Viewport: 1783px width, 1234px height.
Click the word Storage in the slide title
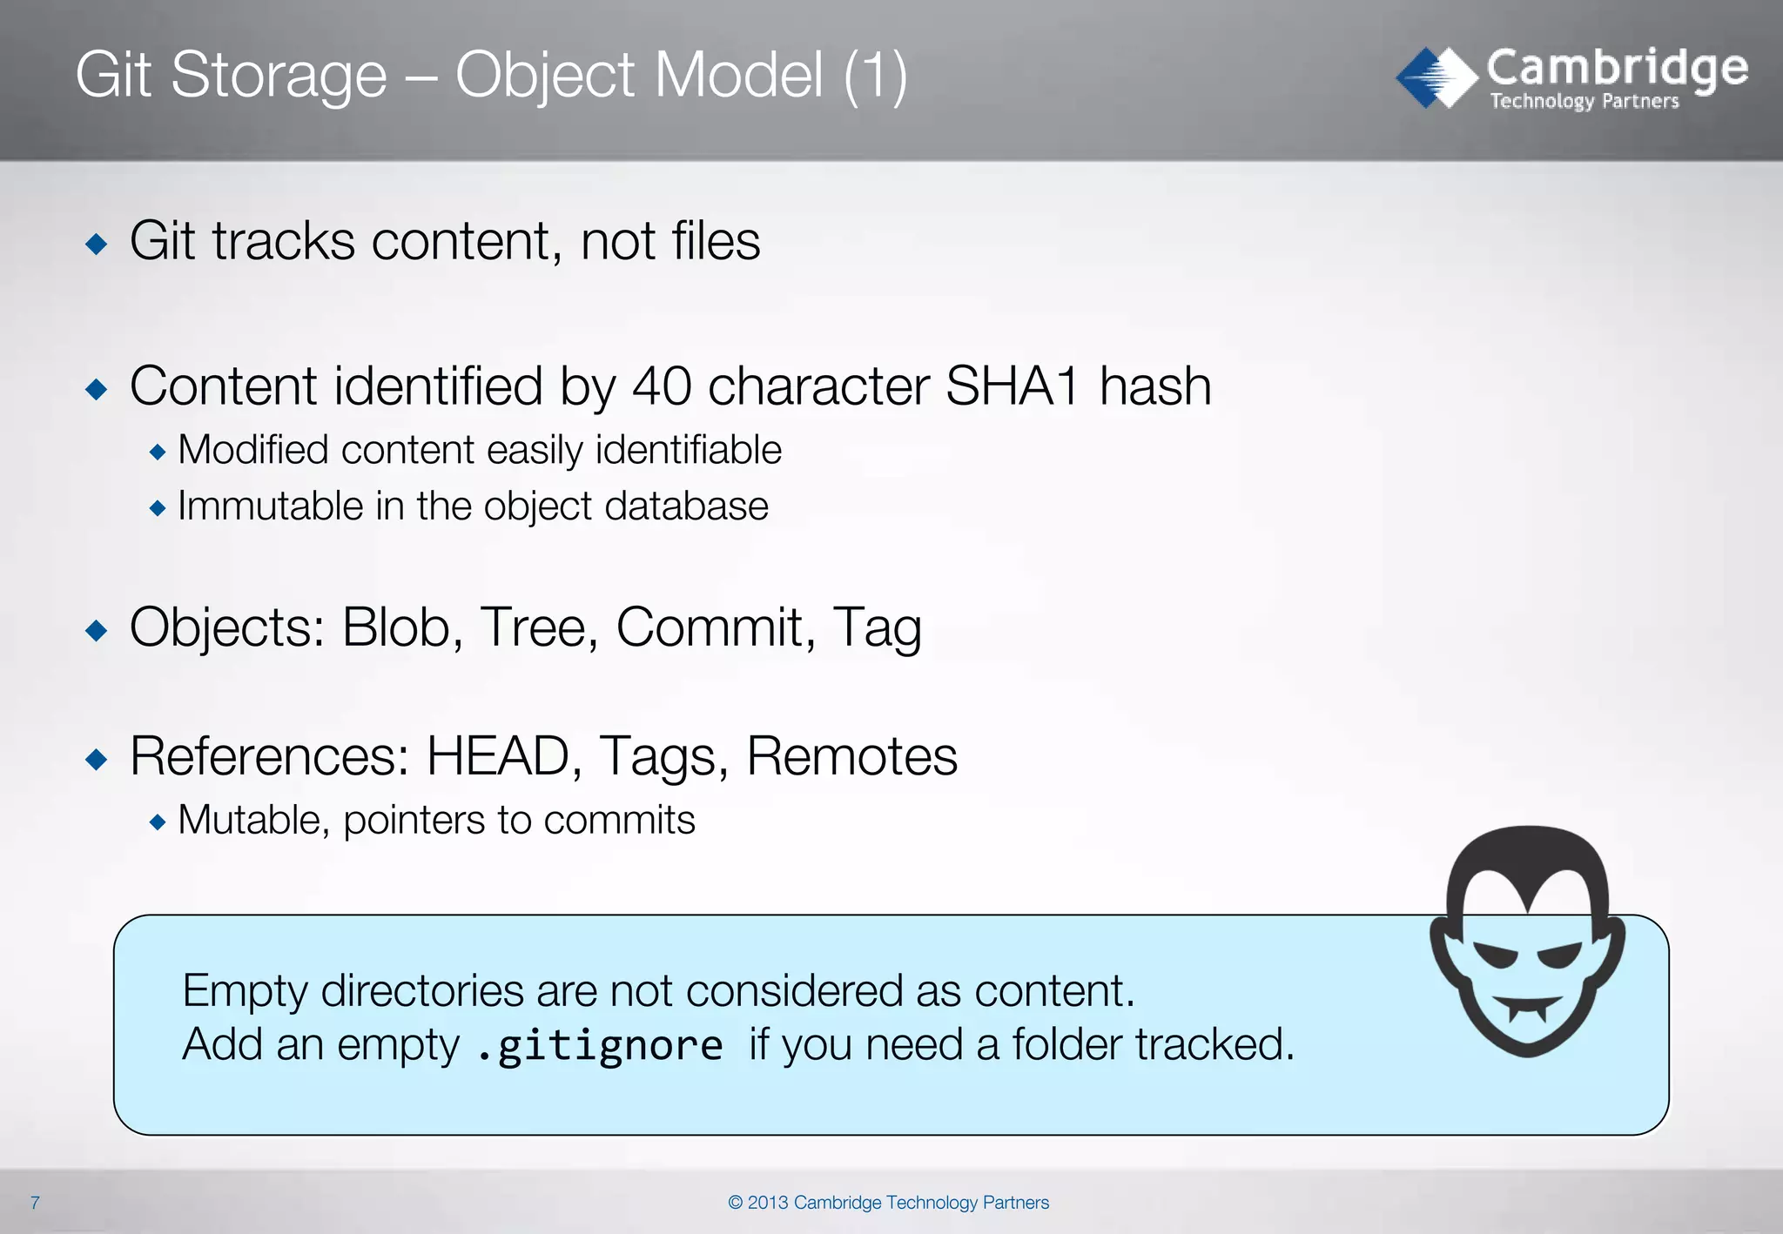tap(279, 76)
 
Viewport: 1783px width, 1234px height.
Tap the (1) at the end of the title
tap(875, 76)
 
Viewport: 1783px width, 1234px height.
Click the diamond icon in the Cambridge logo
tap(1436, 77)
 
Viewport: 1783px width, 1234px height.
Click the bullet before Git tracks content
tap(97, 244)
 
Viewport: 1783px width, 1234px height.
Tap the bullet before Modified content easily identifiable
tap(158, 452)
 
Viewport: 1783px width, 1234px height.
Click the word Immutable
tap(270, 506)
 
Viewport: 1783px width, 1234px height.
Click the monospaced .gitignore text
tap(601, 1045)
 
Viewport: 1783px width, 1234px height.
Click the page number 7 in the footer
tap(35, 1203)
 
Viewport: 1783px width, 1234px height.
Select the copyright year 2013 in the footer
tap(768, 1203)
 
